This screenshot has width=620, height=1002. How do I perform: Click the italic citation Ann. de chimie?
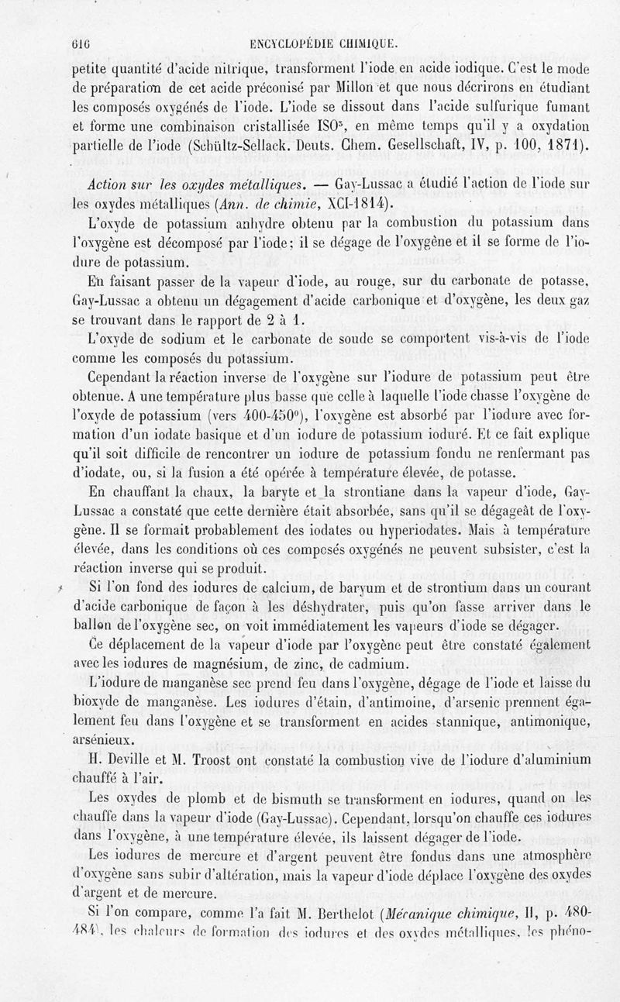318,207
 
